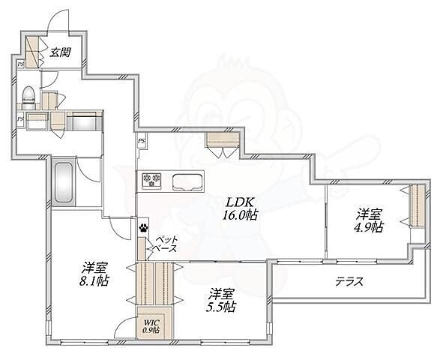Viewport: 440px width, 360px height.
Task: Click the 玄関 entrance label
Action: (x=60, y=52)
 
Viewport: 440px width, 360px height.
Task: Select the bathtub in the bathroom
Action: (x=63, y=182)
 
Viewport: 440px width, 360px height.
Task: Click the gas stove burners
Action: (x=151, y=180)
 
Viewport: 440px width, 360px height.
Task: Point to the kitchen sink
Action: (x=187, y=182)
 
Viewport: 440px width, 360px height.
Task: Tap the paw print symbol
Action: (x=144, y=227)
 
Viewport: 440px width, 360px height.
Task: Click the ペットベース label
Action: (x=166, y=244)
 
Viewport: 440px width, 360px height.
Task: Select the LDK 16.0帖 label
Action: (x=240, y=208)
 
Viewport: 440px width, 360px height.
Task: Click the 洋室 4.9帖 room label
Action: (x=369, y=220)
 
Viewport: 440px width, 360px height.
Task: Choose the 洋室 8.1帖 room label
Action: (x=94, y=274)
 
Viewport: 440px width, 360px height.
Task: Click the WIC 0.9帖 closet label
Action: (x=152, y=326)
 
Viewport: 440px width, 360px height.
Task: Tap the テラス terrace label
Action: (x=349, y=281)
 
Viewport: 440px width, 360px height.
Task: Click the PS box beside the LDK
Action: (x=142, y=140)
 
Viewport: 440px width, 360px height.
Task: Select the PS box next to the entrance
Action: (x=20, y=64)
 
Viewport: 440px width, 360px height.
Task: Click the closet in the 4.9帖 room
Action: (x=418, y=205)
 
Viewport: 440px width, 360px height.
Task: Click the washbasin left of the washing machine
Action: (x=37, y=121)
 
